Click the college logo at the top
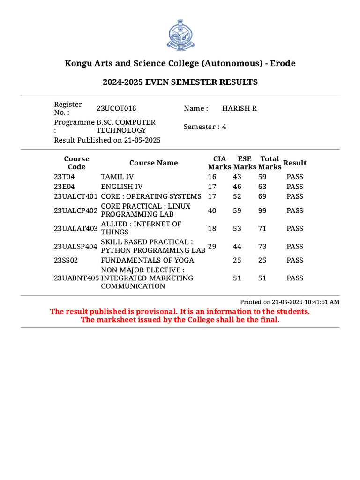point(180,36)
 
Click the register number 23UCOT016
point(116,108)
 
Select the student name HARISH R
point(239,108)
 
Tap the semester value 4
point(224,127)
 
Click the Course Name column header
point(153,163)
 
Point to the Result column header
point(295,163)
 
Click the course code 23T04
point(64,177)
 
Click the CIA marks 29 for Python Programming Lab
point(212,246)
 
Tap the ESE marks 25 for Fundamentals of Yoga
point(237,260)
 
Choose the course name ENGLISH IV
point(122,187)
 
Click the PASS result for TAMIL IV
point(295,177)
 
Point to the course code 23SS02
point(65,260)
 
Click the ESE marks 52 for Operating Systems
point(237,196)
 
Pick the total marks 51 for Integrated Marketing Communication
point(262,278)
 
